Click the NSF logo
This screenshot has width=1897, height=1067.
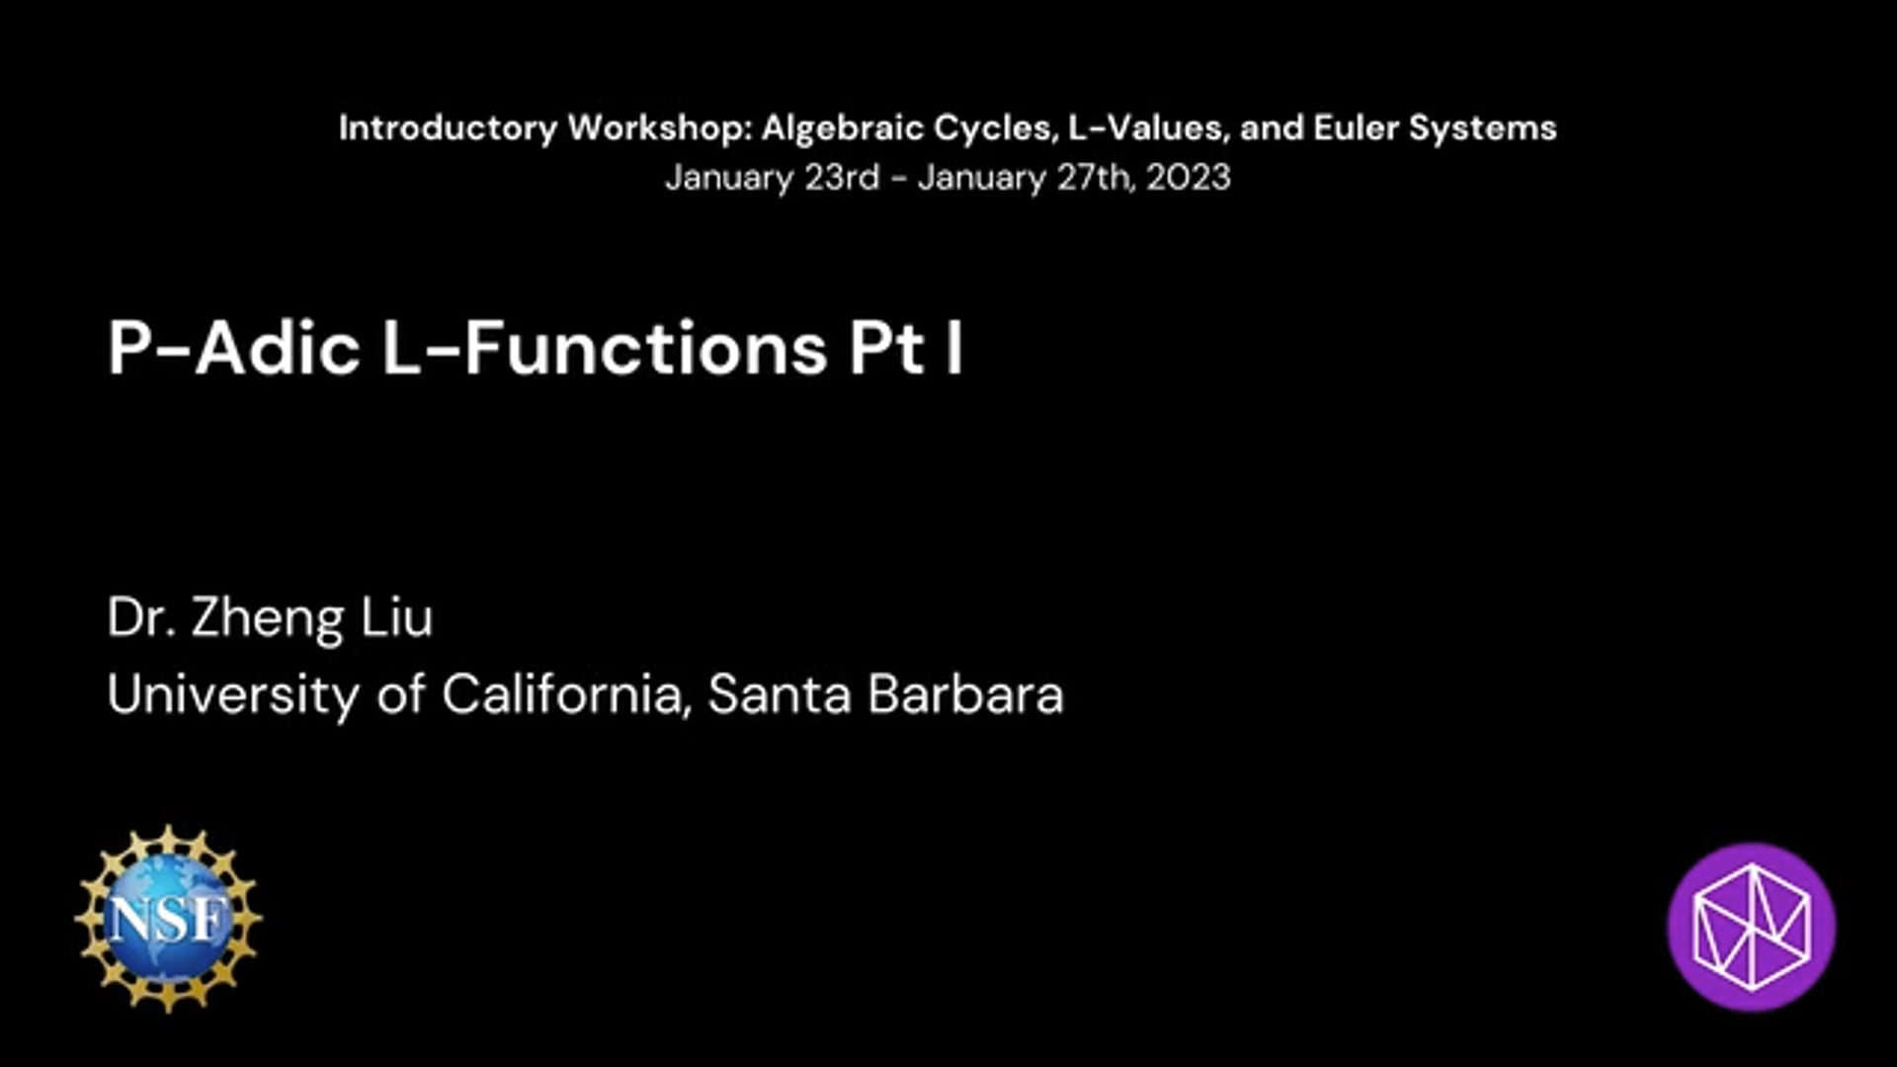click(x=168, y=919)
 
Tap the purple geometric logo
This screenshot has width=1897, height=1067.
click(x=1752, y=927)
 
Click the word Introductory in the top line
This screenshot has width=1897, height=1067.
click(x=449, y=128)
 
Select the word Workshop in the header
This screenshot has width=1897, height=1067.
click(x=660, y=127)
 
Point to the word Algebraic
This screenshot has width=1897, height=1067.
click(x=843, y=128)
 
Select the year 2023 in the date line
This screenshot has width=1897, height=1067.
click(x=1189, y=178)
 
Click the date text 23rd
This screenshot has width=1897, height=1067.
click(x=842, y=178)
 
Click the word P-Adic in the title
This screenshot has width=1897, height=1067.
click(x=234, y=348)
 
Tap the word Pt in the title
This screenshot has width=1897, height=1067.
click(x=887, y=349)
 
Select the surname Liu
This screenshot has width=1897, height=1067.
click(x=396, y=617)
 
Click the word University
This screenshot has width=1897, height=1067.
click(x=234, y=695)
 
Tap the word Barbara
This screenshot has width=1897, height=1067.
click(x=966, y=694)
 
